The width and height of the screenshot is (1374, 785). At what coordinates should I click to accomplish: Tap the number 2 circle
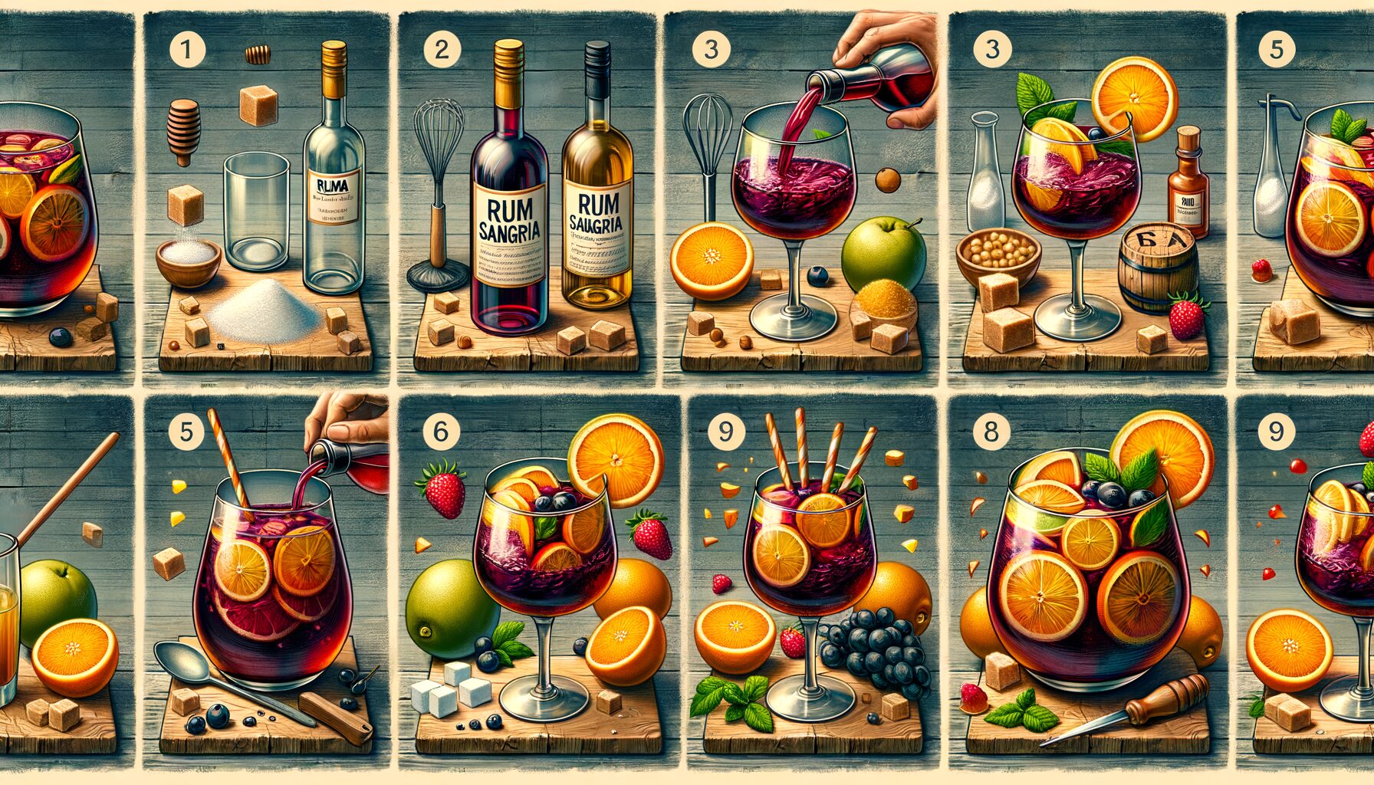point(442,50)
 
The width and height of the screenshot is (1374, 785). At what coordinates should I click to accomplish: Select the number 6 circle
point(441,431)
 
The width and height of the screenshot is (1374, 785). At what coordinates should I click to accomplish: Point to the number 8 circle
point(991,432)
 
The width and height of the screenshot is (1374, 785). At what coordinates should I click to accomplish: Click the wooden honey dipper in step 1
point(183,131)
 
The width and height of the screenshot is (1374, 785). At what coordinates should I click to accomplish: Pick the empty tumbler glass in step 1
point(256,211)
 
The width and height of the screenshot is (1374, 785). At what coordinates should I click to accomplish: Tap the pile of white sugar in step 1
point(265,311)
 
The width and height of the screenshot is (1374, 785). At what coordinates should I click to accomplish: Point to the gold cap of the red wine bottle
point(508,73)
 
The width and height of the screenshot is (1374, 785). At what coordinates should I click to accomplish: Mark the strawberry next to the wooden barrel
point(1187,315)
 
